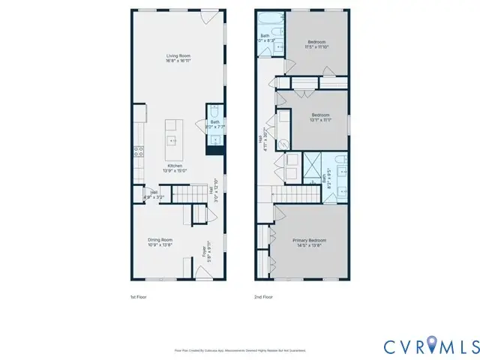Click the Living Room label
pos(178,57)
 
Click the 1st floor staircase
pos(184,196)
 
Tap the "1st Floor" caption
pos(139,297)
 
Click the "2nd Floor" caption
pos(263,297)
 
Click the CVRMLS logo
pos(430,346)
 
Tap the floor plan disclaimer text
pos(240,350)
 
